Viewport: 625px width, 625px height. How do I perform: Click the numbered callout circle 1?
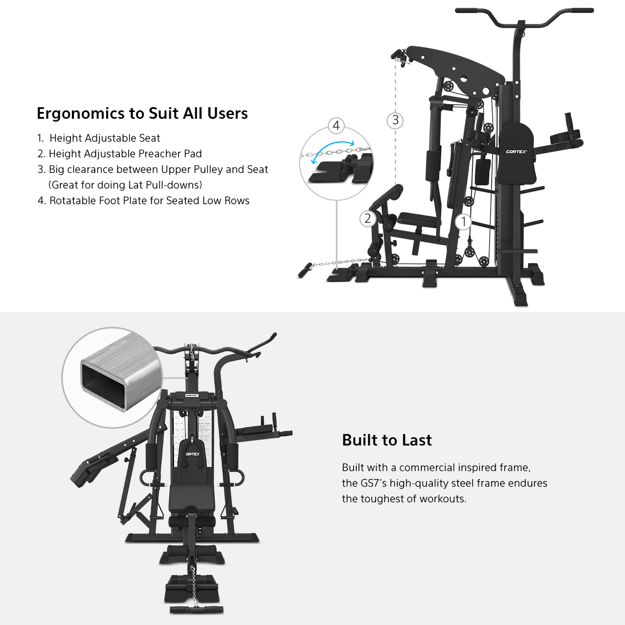point(463,221)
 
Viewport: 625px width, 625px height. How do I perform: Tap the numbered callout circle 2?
point(368,219)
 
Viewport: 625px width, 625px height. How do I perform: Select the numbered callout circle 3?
point(395,120)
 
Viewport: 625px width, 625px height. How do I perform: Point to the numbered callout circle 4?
point(336,125)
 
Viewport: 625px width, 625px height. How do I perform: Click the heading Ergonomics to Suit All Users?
point(142,114)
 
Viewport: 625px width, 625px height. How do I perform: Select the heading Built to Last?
point(386,440)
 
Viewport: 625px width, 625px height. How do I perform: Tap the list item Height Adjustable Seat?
point(105,138)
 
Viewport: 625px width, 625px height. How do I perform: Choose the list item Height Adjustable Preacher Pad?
point(125,154)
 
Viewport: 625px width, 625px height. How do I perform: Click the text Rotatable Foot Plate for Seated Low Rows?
point(149,201)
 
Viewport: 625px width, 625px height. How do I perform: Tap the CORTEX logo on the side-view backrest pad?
point(516,152)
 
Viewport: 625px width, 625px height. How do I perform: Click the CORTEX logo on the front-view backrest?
point(193,454)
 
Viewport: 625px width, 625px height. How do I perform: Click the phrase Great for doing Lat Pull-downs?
point(125,185)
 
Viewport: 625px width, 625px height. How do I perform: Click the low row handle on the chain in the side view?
point(305,270)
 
